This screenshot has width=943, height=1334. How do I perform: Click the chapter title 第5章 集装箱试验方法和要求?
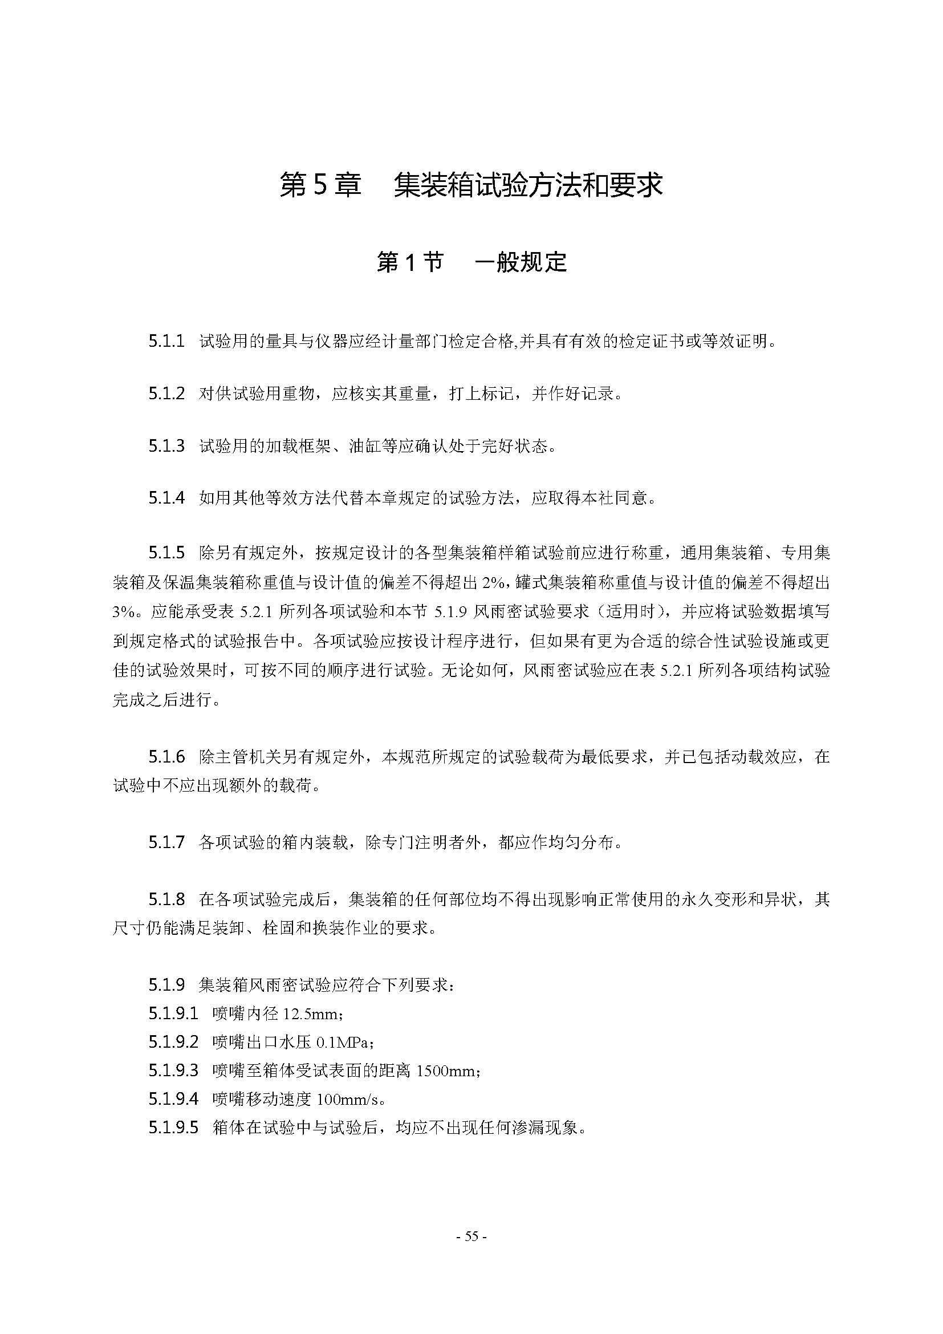pyautogui.click(x=471, y=185)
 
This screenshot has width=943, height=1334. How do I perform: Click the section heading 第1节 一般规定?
pyautogui.click(x=471, y=262)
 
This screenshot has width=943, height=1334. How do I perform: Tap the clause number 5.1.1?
pyautogui.click(x=166, y=341)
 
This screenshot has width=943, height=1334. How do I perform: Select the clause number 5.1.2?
pyautogui.click(x=166, y=394)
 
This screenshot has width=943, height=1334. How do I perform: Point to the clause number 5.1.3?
pyautogui.click(x=166, y=445)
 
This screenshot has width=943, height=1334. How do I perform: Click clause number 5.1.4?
pyautogui.click(x=166, y=498)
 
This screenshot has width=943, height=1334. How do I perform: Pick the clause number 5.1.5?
pyautogui.click(x=166, y=552)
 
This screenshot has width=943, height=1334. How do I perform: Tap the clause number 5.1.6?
pyautogui.click(x=166, y=756)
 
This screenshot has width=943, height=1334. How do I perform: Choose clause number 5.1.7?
pyautogui.click(x=166, y=842)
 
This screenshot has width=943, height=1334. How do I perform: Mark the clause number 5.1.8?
pyautogui.click(x=166, y=899)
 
